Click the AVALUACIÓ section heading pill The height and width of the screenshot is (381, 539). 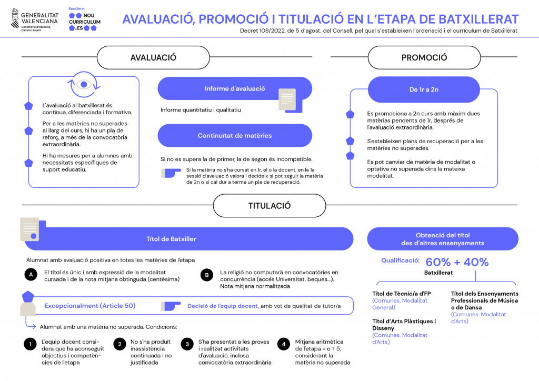pyautogui.click(x=153, y=57)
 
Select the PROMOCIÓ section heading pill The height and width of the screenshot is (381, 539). pyautogui.click(x=424, y=57)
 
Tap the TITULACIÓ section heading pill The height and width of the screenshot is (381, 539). pyautogui.click(x=269, y=205)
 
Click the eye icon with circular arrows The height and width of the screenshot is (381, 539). pyautogui.click(x=84, y=85)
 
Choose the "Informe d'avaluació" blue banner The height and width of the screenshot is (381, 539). pyautogui.click(x=235, y=88)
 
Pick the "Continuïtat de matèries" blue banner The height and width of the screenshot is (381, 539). pyautogui.click(x=235, y=136)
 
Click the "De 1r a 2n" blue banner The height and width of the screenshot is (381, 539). pyautogui.click(x=424, y=89)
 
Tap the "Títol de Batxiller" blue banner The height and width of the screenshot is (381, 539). pyautogui.click(x=189, y=239)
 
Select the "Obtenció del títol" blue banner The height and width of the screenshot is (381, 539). pyautogui.click(x=443, y=239)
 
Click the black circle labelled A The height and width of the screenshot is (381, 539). pyautogui.click(x=31, y=275)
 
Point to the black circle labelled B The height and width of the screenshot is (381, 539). pyautogui.click(x=207, y=275)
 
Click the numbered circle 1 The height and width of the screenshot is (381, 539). pyautogui.click(x=30, y=344)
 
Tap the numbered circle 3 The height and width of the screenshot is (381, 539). pyautogui.click(x=187, y=344)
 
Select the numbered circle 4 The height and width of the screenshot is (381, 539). pyautogui.click(x=284, y=344)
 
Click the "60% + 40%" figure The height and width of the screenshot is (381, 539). pyautogui.click(x=457, y=262)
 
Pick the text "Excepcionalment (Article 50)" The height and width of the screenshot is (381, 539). pyautogui.click(x=89, y=306)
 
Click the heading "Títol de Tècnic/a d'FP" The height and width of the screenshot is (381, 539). pyautogui.click(x=402, y=294)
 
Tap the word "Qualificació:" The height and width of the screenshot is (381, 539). pyautogui.click(x=401, y=260)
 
